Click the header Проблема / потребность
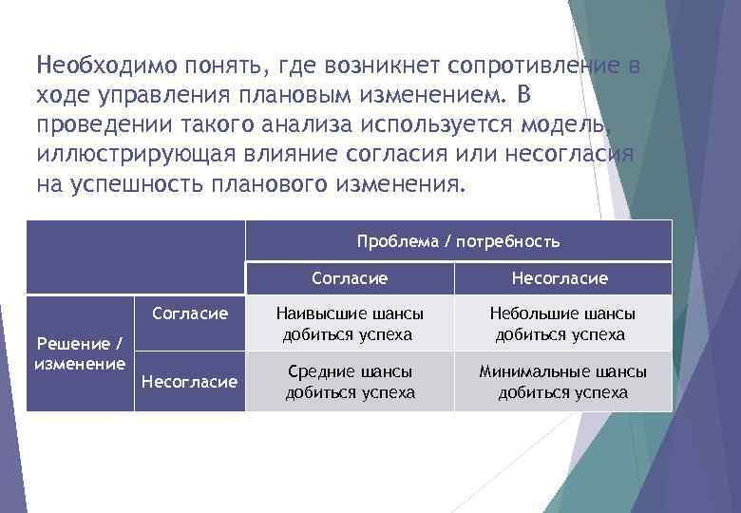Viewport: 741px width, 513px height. pos(458,241)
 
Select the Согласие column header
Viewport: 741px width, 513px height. pos(350,278)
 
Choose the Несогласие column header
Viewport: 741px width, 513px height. pos(560,278)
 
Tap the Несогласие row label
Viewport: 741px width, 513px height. pos(189,382)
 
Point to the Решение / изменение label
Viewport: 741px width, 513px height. pos(80,352)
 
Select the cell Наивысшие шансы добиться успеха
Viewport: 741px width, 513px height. pos(349,324)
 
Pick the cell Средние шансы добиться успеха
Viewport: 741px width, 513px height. pos(350,382)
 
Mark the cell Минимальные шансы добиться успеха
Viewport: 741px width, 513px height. pos(562,382)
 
